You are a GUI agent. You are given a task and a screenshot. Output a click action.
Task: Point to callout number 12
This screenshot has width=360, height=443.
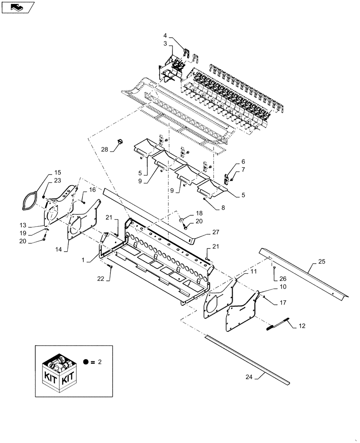[x=302, y=326]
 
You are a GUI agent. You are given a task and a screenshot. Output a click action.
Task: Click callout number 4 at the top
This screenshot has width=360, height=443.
[x=165, y=36]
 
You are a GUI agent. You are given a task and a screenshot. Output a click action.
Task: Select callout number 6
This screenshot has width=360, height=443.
[x=243, y=162]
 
